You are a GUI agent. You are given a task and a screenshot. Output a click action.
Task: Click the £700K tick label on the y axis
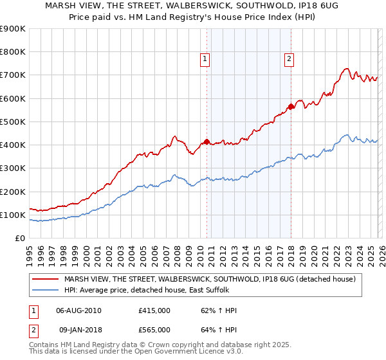pos(12,75)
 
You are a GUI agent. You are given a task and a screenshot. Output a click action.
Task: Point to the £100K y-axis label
pos(12,215)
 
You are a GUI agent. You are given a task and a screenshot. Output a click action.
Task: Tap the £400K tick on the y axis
pos(12,145)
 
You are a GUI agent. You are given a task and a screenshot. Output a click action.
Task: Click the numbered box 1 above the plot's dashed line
pos(205,59)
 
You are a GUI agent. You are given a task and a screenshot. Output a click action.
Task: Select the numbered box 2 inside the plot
pos(289,59)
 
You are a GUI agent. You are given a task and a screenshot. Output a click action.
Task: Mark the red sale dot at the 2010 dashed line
pos(207,141)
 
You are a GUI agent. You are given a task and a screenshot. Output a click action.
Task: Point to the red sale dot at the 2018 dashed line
pos(291,107)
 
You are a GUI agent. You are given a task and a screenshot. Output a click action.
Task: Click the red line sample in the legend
pos(46,279)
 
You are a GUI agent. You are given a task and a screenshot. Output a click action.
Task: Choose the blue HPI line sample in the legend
pos(46,290)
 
